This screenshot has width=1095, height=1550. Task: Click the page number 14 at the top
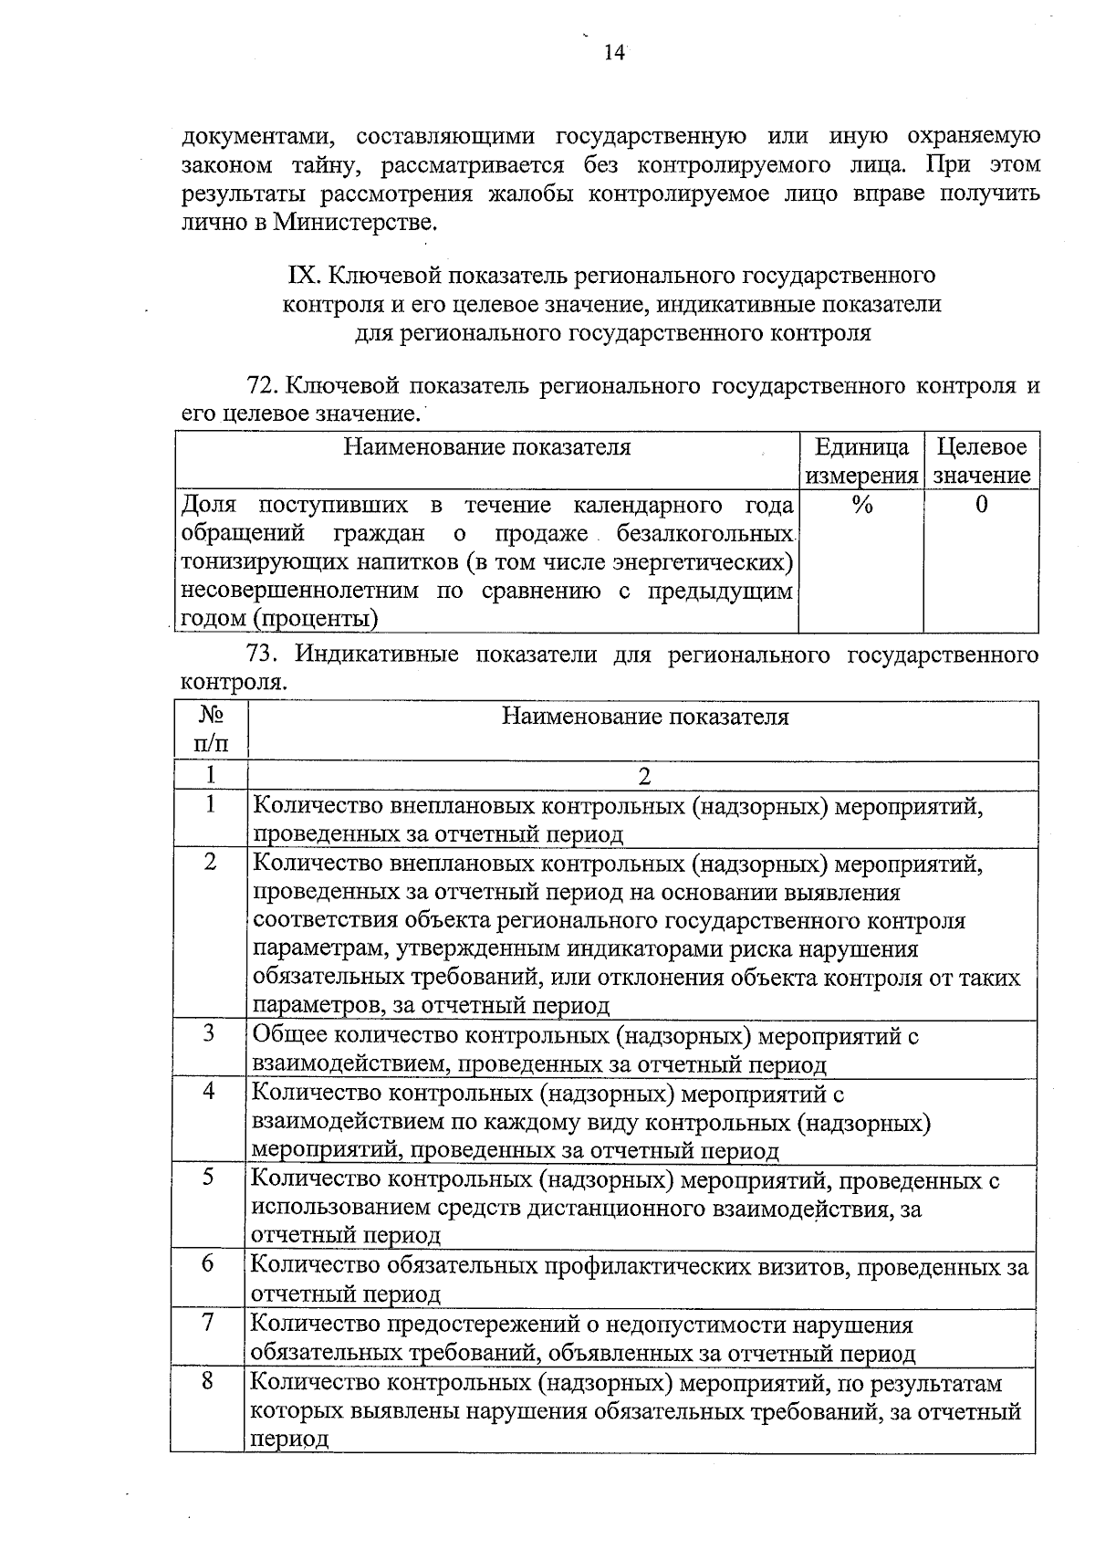(x=614, y=52)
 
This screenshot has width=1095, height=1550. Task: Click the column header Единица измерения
(x=861, y=461)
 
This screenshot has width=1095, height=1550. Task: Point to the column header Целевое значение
(x=982, y=461)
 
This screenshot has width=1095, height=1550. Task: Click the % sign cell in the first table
(x=861, y=505)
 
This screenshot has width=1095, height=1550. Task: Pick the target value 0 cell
(x=982, y=505)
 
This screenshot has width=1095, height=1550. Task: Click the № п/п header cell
(x=210, y=730)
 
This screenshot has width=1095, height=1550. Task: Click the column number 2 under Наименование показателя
(x=644, y=776)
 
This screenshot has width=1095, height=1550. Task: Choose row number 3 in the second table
(x=210, y=1033)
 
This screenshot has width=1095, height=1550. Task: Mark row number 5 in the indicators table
(x=209, y=1178)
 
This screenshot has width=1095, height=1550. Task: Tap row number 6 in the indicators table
(x=209, y=1263)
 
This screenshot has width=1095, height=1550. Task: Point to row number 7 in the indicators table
(x=209, y=1322)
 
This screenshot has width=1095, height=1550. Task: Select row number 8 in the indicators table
(x=209, y=1380)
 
